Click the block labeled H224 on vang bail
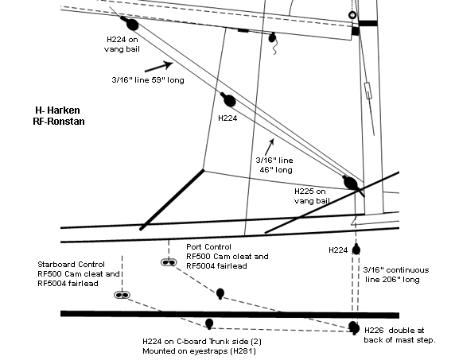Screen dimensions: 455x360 (x=132, y=25)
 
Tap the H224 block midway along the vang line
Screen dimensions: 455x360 (x=229, y=100)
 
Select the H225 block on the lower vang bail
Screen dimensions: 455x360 (x=351, y=184)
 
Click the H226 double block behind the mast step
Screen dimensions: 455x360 (x=354, y=328)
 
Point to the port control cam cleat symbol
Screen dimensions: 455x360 (x=169, y=262)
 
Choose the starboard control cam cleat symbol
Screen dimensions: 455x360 (x=122, y=295)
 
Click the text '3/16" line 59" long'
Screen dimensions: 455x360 (x=148, y=79)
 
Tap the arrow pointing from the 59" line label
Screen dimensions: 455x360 (x=159, y=67)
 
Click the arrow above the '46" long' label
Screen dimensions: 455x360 (x=270, y=147)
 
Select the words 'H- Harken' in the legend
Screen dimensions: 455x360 (x=58, y=110)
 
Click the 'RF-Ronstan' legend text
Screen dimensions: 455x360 (x=59, y=121)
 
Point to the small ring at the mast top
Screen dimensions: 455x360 (x=352, y=15)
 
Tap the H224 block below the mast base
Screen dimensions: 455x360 (x=356, y=250)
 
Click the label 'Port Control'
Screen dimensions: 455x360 (x=208, y=246)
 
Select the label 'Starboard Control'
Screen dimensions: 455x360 (x=71, y=265)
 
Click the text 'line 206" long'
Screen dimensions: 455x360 (x=392, y=280)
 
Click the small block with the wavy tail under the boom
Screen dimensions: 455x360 (x=273, y=38)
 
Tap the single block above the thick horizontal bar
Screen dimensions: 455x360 (x=220, y=293)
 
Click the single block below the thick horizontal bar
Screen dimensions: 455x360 (x=209, y=323)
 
